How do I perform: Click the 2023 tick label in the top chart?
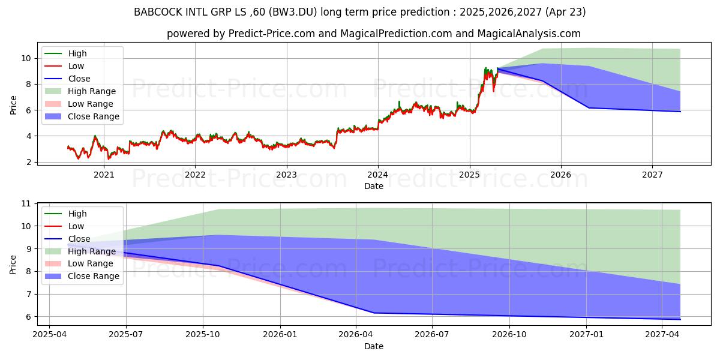click(286, 175)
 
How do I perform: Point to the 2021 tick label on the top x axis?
click(104, 175)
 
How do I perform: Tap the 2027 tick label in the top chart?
click(652, 175)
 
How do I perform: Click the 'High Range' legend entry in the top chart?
click(92, 91)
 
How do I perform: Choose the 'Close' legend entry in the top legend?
click(79, 79)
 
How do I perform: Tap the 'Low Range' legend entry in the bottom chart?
click(90, 263)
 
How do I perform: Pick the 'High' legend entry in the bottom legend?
click(77, 214)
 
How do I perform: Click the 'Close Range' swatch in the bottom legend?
click(54, 276)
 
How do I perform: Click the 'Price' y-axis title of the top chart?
click(13, 104)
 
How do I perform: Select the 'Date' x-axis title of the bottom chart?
click(373, 346)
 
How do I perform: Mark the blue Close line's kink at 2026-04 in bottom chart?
click(374, 313)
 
